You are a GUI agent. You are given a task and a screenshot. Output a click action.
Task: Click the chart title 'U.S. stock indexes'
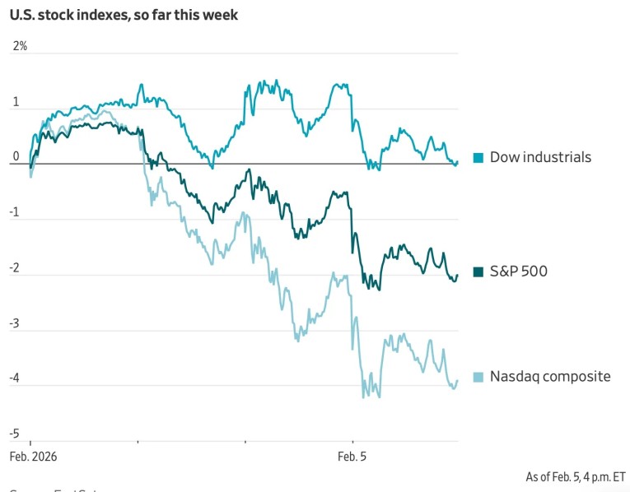(x=124, y=15)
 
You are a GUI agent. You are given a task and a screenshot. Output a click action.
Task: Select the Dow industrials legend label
(x=540, y=157)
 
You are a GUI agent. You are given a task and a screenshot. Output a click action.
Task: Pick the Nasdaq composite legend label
(x=550, y=377)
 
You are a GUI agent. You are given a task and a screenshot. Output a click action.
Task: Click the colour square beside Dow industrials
(x=478, y=157)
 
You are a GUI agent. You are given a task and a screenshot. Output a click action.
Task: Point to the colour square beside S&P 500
(x=478, y=272)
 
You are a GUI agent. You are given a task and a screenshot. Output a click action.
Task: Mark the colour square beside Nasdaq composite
(x=478, y=377)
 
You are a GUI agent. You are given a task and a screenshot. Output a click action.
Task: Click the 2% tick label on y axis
(x=20, y=46)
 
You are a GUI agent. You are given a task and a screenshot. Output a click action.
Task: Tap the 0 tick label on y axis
(x=16, y=157)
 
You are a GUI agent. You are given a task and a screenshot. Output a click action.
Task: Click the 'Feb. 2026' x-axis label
(x=33, y=455)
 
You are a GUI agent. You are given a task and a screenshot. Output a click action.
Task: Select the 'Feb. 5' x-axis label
(x=352, y=455)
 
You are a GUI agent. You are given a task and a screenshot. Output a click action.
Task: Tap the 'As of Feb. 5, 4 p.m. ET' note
(x=576, y=476)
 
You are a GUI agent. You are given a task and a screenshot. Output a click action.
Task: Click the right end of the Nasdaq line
(x=457, y=381)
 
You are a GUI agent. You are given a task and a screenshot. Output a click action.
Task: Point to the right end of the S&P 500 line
(x=457, y=276)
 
